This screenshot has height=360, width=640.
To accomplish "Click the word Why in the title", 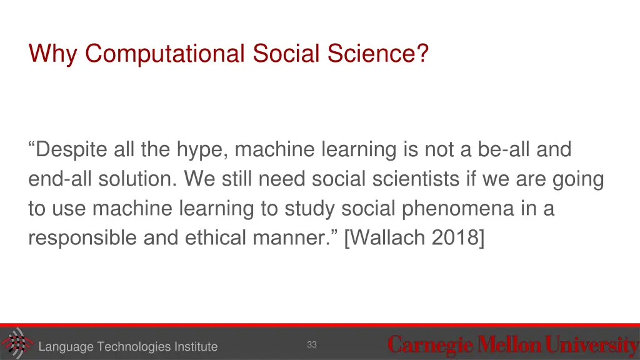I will (54, 54).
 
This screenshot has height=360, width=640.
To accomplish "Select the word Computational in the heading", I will (164, 54).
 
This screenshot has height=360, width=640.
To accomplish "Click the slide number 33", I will (312, 344).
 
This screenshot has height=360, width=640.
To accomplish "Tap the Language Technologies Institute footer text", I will (127, 347).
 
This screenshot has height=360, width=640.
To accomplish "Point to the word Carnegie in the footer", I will (431, 344).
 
